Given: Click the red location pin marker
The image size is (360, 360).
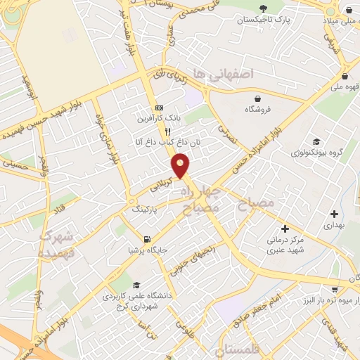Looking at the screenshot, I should [181, 166].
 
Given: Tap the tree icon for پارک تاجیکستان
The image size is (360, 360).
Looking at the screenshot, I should [263, 9].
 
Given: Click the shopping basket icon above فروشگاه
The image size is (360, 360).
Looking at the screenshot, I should [259, 98].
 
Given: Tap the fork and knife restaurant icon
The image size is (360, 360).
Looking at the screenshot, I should [167, 131].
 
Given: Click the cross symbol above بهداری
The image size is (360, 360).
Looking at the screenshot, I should [334, 214].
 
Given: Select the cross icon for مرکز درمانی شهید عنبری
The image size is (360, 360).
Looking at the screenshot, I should [285, 229].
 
